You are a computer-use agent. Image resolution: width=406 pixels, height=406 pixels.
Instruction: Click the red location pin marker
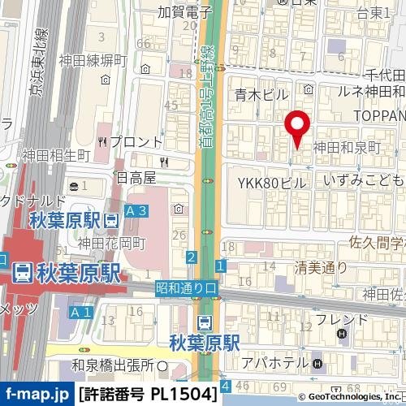point(296,126)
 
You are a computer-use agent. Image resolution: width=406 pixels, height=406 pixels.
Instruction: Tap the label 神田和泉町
point(347,148)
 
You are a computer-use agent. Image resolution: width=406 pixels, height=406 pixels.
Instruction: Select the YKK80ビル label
point(272,183)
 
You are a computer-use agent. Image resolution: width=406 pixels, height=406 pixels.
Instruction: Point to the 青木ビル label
point(261,95)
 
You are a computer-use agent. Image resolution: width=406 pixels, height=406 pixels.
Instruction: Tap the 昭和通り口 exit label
point(188,287)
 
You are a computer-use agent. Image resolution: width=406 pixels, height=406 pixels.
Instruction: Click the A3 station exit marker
point(137,212)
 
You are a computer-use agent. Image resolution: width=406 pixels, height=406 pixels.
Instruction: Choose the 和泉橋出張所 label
point(112,365)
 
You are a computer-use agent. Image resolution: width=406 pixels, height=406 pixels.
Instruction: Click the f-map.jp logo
point(36,395)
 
